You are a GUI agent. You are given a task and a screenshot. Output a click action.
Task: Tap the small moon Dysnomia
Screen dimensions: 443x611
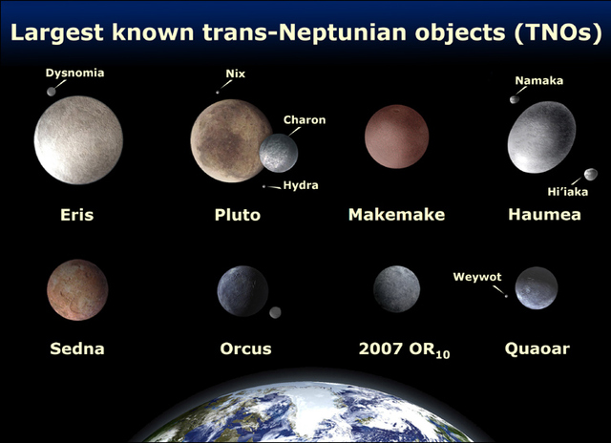tap(51, 92)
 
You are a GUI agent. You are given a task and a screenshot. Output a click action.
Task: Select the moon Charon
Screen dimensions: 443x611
tap(279, 153)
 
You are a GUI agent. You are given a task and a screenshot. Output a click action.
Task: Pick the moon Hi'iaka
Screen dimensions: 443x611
tap(590, 174)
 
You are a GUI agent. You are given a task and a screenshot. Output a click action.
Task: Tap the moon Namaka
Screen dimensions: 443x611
tap(515, 98)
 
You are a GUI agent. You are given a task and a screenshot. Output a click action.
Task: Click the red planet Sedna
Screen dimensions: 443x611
tap(76, 289)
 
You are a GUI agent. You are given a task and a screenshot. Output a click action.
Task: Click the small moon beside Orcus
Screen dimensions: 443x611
tap(275, 312)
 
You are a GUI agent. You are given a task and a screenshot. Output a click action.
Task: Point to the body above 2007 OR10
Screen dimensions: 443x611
tap(396, 289)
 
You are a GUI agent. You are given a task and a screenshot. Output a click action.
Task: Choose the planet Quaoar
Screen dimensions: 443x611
tap(537, 288)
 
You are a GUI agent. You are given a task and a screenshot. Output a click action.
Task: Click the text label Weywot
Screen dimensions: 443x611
tap(478, 278)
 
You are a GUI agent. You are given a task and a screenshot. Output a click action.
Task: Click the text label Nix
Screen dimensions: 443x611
tap(235, 73)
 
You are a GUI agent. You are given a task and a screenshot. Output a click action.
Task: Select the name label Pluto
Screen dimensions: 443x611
tap(238, 215)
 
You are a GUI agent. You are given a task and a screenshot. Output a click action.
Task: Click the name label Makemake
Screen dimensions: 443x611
tap(396, 215)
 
